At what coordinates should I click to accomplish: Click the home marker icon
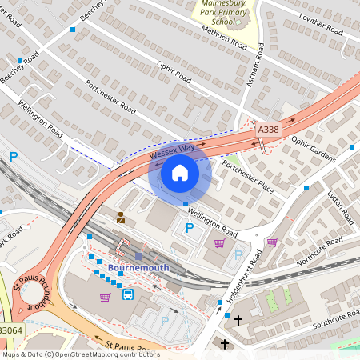(x=180, y=173)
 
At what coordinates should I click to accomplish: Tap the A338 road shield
(x=268, y=128)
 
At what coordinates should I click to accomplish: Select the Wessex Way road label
(x=172, y=150)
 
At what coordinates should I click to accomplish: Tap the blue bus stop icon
(x=128, y=294)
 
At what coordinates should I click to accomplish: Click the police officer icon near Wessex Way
(x=120, y=217)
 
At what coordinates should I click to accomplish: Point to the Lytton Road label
(x=340, y=206)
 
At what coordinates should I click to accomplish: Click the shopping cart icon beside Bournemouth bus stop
(x=105, y=298)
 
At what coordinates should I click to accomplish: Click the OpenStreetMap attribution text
(x=80, y=354)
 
